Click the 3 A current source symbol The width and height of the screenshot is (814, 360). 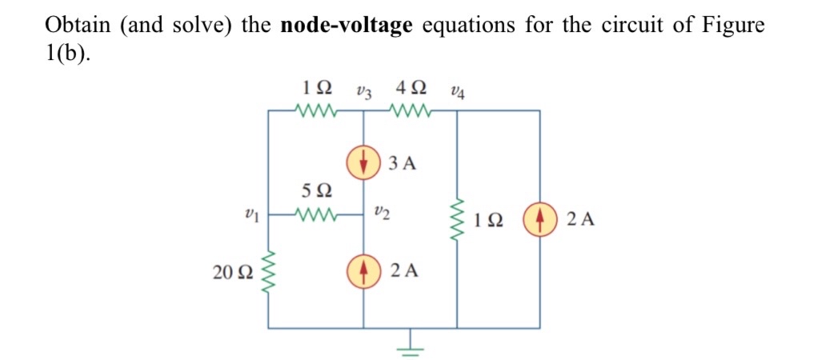tap(364, 163)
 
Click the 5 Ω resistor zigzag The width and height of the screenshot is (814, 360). tap(317, 214)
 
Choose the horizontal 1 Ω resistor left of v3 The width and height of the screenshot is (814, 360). tap(317, 110)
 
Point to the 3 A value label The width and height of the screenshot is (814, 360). tap(404, 164)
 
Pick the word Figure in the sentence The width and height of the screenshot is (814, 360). tap(732, 24)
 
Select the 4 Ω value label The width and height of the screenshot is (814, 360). tap(411, 86)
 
